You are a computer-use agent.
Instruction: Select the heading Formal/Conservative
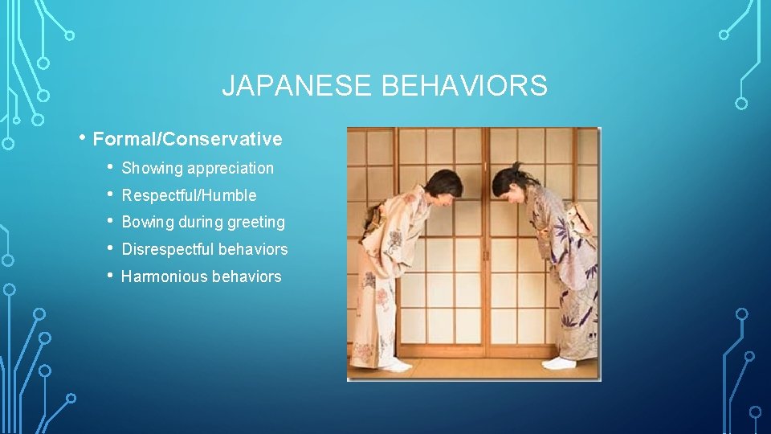187,139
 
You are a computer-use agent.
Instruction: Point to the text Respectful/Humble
189,195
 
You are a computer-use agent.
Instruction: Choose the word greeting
257,223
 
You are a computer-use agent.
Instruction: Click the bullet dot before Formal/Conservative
84,137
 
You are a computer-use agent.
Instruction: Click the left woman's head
444,187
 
